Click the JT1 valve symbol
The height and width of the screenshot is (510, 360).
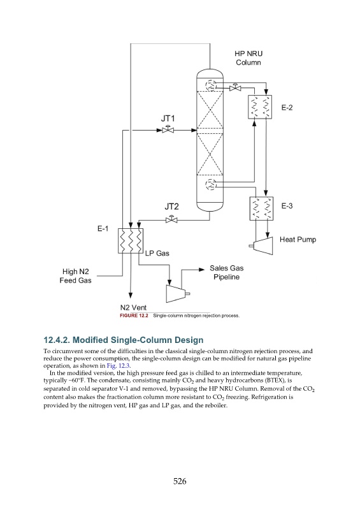[x=168, y=129]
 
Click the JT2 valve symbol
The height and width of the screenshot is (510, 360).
[x=171, y=219]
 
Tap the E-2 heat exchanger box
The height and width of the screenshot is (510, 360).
[x=260, y=107]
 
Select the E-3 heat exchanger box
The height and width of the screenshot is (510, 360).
[x=261, y=208]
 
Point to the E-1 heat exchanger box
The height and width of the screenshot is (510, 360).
[x=131, y=241]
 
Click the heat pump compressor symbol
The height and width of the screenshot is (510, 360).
[x=262, y=245]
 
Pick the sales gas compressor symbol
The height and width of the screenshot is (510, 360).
[x=177, y=294]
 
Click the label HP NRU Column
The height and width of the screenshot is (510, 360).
[x=248, y=58]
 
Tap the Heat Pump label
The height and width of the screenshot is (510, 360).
[x=298, y=240]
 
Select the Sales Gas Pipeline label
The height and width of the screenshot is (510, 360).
[x=227, y=273]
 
